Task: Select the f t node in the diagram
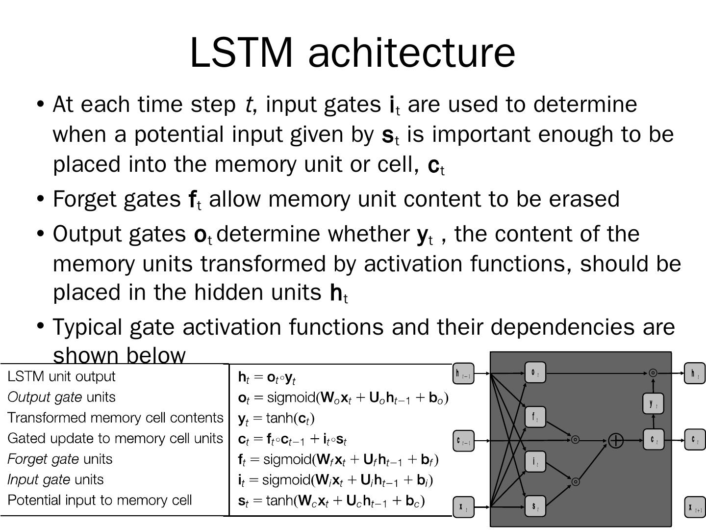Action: (535, 417)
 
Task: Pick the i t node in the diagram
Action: (535, 461)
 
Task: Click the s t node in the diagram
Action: (535, 506)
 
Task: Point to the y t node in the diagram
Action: (653, 403)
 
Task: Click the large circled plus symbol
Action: (616, 440)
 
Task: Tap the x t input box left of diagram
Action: (463, 507)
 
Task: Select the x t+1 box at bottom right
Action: (695, 507)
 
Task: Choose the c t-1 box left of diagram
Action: (463, 440)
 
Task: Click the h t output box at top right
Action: (695, 373)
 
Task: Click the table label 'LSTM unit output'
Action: (62, 376)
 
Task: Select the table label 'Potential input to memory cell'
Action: (100, 500)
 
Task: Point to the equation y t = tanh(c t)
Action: (276, 418)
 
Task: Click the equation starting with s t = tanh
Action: (331, 501)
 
